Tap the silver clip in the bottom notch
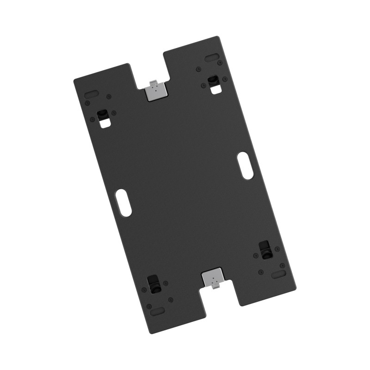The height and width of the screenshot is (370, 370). tap(213, 278)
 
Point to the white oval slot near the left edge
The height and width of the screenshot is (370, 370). tap(123, 202)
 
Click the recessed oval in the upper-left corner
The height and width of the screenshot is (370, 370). tap(91, 93)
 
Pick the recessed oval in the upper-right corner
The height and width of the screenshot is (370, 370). tap(212, 57)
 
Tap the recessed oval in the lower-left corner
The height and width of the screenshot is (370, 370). tap(157, 311)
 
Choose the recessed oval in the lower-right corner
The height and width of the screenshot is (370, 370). tap(278, 275)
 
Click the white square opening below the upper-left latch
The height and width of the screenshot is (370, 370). tap(106, 123)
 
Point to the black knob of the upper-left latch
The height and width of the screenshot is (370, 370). tap(102, 114)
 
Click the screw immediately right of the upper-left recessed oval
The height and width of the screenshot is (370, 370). tap(109, 97)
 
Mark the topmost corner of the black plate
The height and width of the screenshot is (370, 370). tap(216, 37)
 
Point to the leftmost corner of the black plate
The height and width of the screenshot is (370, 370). tap(74, 80)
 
